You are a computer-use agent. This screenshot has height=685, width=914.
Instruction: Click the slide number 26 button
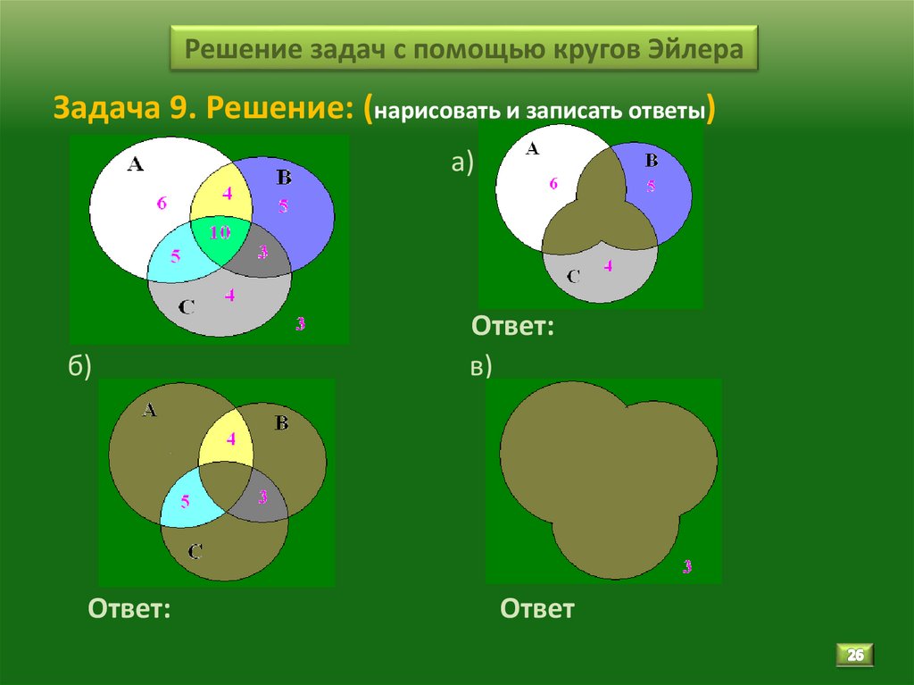point(855,656)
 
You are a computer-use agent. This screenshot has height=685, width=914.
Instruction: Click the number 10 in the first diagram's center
point(220,233)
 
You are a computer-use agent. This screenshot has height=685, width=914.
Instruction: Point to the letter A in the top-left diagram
point(136,163)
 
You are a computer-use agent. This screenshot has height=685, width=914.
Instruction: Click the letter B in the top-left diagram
point(284,177)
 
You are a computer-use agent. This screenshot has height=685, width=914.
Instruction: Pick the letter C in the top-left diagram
point(187,307)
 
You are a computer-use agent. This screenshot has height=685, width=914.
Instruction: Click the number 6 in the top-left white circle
point(162,203)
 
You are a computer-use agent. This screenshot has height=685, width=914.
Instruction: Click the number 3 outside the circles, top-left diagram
point(300,323)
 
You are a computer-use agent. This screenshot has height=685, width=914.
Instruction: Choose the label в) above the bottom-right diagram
point(482,368)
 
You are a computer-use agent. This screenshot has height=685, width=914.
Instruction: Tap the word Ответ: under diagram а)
point(513,326)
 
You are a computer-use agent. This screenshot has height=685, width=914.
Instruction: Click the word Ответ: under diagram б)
point(129,609)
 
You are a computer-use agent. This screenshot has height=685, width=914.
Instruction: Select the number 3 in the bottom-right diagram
point(687,564)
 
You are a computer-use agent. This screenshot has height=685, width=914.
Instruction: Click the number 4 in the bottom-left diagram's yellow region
point(231,439)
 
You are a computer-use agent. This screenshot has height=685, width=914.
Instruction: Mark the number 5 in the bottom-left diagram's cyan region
point(186,501)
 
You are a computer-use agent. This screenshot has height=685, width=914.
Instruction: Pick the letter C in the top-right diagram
point(574,276)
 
